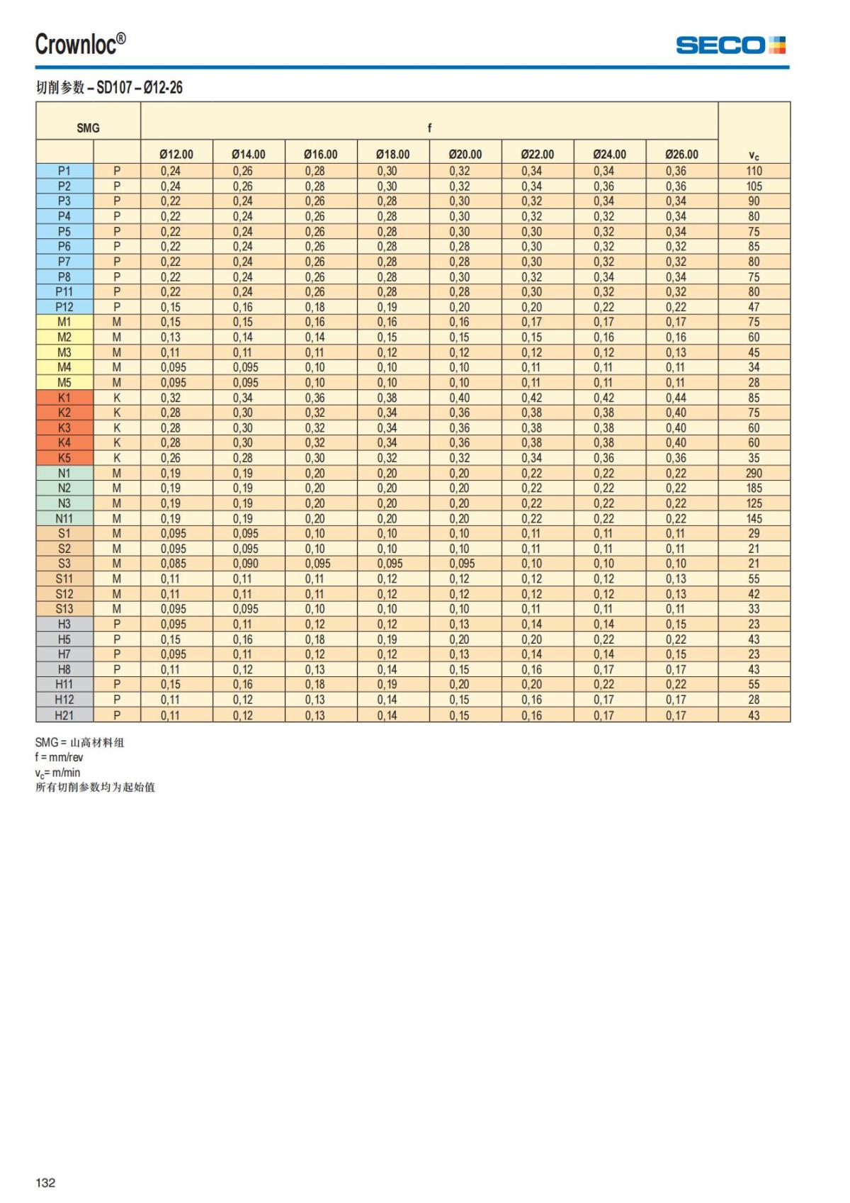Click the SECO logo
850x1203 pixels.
click(x=730, y=45)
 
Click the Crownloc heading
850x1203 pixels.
click(x=81, y=44)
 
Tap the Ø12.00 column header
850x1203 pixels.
click(x=176, y=154)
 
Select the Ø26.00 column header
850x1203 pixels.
click(x=681, y=154)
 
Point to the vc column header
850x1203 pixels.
click(x=754, y=155)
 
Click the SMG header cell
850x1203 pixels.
click(x=88, y=128)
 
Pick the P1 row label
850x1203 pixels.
click(x=64, y=171)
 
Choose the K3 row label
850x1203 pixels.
click(x=64, y=427)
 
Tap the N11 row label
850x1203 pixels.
click(x=64, y=518)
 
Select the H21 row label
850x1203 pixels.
click(x=64, y=715)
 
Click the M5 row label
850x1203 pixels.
click(x=64, y=382)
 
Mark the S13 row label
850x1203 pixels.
click(x=64, y=609)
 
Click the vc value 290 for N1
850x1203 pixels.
click(x=754, y=473)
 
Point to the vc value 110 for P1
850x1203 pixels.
click(x=754, y=171)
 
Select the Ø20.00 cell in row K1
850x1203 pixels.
click(x=459, y=398)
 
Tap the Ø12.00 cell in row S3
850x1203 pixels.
click(x=173, y=564)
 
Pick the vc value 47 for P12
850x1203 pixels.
click(x=754, y=307)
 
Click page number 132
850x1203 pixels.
click(x=45, y=1182)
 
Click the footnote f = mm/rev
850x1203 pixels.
click(x=59, y=757)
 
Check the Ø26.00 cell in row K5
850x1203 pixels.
click(x=676, y=458)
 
